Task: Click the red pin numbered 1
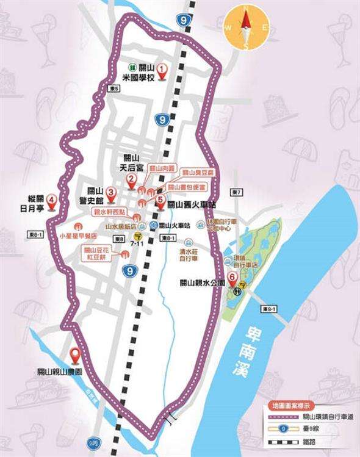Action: pos(162,71)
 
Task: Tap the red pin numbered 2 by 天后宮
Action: pos(131,179)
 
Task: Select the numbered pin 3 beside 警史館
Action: pos(111,193)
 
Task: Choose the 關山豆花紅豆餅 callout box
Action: pos(98,253)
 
